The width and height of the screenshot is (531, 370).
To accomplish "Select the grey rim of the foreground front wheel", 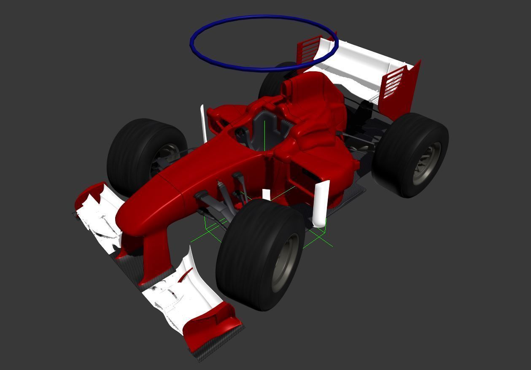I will point(286,262).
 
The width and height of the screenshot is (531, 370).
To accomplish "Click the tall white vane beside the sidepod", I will point(321,203).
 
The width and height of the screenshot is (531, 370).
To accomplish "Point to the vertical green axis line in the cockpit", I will point(264,135).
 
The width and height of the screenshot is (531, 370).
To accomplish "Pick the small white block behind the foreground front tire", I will point(266,194).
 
